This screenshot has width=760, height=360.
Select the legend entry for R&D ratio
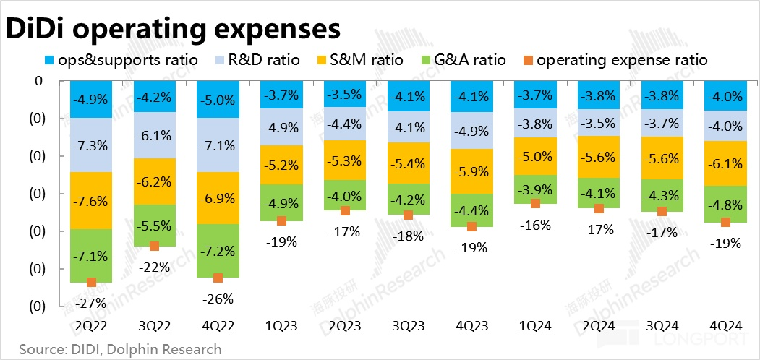[x=257, y=60]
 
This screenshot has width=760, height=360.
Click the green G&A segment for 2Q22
[x=91, y=255]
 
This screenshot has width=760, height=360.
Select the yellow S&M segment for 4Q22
[x=218, y=197]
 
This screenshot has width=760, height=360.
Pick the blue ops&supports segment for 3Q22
[x=154, y=97]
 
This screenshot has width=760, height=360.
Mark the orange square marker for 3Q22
[x=154, y=247]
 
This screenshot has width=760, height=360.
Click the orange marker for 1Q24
[x=535, y=204]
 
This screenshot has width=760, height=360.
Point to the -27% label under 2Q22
[x=91, y=303]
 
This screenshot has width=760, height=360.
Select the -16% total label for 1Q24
[x=535, y=225]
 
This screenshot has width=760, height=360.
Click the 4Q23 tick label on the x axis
[x=471, y=326]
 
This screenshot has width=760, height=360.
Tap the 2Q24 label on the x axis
[x=598, y=326]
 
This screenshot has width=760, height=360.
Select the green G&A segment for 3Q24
[x=662, y=195]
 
